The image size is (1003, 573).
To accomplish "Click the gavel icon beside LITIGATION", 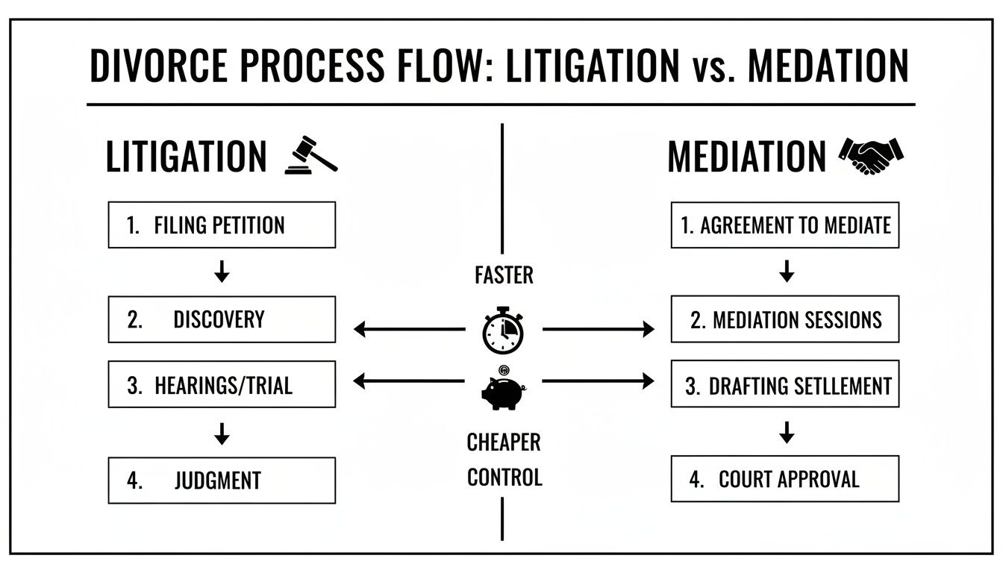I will [x=311, y=155].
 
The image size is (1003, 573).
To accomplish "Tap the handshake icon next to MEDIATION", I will [x=871, y=155].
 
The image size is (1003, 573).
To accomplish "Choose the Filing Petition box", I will [x=222, y=225].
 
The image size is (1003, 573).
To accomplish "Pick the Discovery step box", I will [x=222, y=319].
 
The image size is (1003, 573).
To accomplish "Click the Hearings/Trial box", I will [x=222, y=384].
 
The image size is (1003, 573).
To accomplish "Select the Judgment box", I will [x=222, y=480].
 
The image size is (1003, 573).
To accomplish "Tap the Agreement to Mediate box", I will [x=785, y=225].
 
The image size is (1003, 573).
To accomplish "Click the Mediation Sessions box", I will [x=785, y=319].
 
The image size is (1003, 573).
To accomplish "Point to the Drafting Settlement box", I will [x=785, y=385].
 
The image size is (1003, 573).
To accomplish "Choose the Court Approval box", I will [x=785, y=479].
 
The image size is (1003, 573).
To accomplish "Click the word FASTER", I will [x=504, y=276].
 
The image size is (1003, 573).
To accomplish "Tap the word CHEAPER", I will [x=504, y=442].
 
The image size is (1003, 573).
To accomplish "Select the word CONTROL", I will [x=504, y=476].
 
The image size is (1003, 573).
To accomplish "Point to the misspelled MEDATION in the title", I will [x=828, y=66].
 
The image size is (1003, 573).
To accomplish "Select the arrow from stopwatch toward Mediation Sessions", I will [x=597, y=328].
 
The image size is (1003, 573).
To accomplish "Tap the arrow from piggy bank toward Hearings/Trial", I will [x=408, y=381].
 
